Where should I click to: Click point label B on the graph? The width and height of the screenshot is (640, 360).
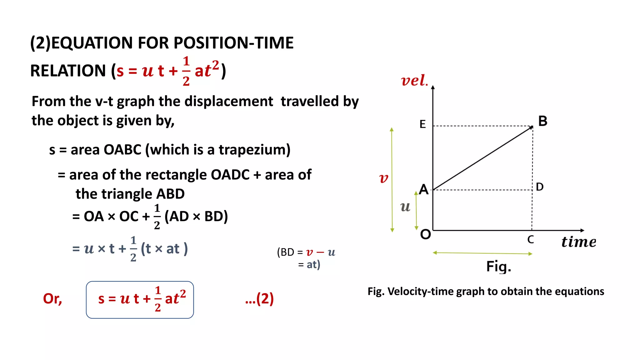(543, 121)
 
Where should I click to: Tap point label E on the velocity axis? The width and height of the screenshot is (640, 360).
(422, 124)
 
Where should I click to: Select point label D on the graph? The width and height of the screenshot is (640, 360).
(540, 187)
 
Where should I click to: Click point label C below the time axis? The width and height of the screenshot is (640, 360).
(531, 240)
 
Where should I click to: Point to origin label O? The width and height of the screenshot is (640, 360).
(425, 234)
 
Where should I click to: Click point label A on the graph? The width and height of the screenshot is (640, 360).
(424, 189)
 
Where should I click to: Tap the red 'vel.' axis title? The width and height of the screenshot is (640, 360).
(414, 80)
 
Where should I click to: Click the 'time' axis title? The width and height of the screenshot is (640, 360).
(578, 242)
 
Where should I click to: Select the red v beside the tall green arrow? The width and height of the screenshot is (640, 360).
(383, 178)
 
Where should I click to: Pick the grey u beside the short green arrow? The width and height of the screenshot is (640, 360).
(405, 207)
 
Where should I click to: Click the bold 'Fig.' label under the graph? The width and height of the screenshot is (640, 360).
(498, 267)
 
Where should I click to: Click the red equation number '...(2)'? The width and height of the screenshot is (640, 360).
(259, 299)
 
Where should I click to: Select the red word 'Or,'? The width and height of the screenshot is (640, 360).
(52, 299)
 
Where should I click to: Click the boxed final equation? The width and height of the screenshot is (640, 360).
(140, 299)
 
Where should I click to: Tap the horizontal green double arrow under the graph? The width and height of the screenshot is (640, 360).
(482, 253)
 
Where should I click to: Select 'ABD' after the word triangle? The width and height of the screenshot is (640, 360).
(170, 194)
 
